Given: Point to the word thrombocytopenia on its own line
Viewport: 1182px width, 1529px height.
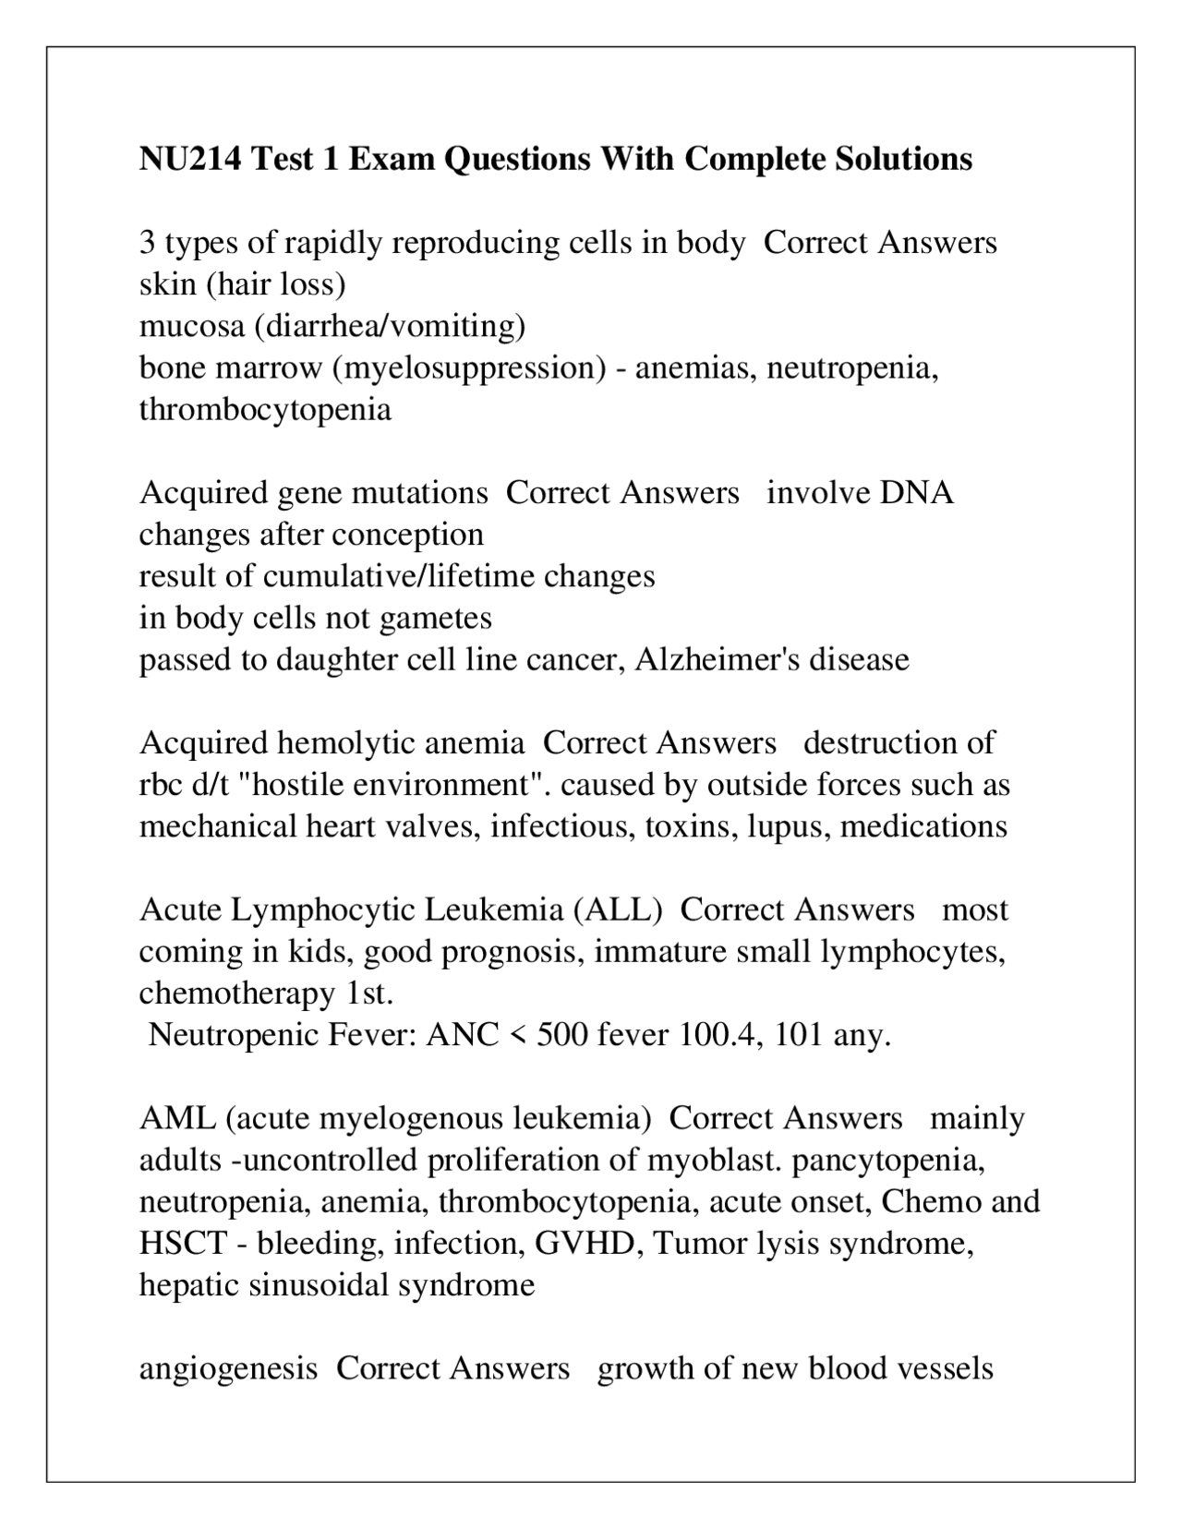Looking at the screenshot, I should click(x=265, y=409).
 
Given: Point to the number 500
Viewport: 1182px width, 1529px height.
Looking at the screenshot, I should click(x=561, y=1034).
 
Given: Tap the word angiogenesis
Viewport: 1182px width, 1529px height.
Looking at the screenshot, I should click(x=228, y=1367).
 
